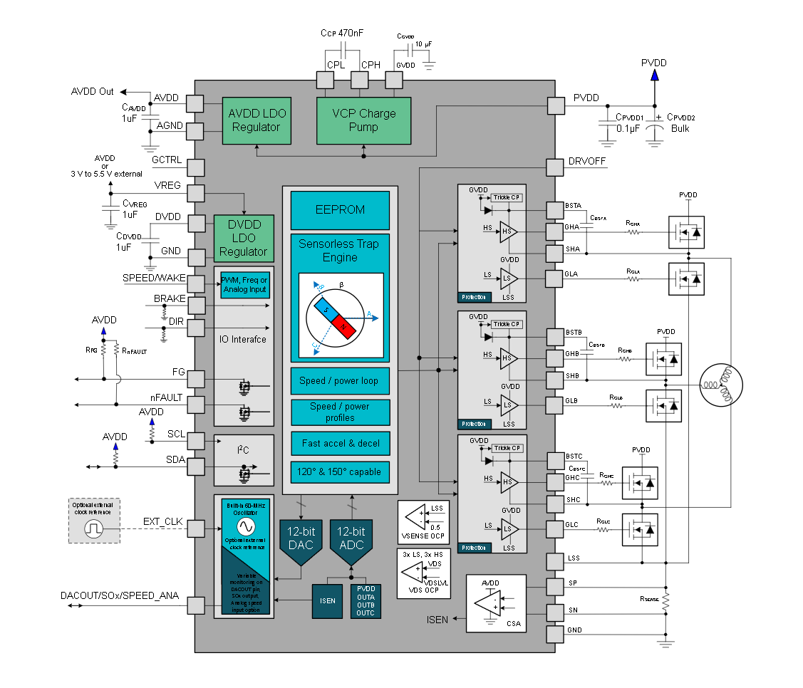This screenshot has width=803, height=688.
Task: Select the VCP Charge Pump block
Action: (363, 120)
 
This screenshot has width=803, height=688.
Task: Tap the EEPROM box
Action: (340, 210)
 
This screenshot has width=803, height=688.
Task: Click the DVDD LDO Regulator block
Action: (244, 238)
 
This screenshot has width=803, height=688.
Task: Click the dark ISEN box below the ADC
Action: (327, 600)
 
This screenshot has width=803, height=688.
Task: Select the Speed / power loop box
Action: (339, 381)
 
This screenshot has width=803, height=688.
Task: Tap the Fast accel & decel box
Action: (340, 443)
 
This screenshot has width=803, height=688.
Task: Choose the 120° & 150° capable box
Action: (340, 471)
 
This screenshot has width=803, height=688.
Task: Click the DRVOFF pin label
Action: (588, 162)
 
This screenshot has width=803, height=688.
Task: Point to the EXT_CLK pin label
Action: (163, 522)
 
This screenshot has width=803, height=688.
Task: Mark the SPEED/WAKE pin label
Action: (154, 278)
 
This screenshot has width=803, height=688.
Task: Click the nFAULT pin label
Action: (166, 397)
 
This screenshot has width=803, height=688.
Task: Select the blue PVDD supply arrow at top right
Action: (654, 74)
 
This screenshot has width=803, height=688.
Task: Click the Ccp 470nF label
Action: (343, 33)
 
